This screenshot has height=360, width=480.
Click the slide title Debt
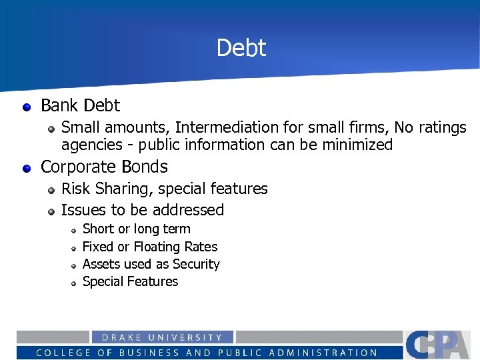(x=241, y=48)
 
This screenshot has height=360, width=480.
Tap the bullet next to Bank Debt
(x=26, y=106)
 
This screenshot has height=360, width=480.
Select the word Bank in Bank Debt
(x=59, y=105)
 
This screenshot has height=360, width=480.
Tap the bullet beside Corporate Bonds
(x=26, y=167)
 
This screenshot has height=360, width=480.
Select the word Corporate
(x=79, y=167)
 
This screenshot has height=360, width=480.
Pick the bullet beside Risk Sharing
(x=51, y=190)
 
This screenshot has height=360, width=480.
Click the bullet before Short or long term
(x=74, y=230)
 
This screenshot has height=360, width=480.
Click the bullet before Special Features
(x=74, y=283)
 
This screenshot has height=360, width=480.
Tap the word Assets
(x=101, y=264)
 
